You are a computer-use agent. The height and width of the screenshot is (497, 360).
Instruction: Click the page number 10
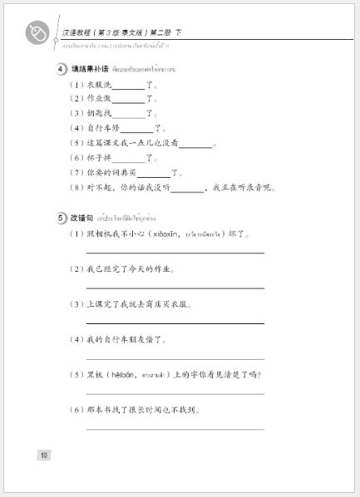point(44,454)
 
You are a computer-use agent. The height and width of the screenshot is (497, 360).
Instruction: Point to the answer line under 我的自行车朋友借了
point(175,358)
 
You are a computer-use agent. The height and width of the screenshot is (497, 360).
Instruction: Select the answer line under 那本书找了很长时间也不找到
point(175,428)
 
